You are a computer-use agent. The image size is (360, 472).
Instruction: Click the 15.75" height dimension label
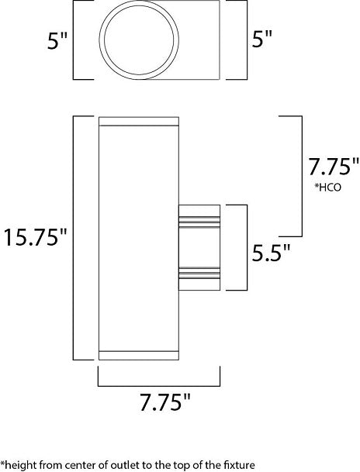tap(35, 237)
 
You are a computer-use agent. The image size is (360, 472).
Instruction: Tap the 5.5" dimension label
tap(271, 252)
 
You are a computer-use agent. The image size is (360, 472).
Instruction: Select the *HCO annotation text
tap(328, 188)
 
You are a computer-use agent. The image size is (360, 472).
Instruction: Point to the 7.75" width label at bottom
tap(165, 402)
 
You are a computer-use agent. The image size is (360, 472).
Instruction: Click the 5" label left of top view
tap(57, 40)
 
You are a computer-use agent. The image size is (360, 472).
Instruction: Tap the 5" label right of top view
tap(261, 38)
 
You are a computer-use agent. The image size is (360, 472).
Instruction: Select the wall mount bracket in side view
tap(199, 247)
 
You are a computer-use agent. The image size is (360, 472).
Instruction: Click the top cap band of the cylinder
tap(139, 121)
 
